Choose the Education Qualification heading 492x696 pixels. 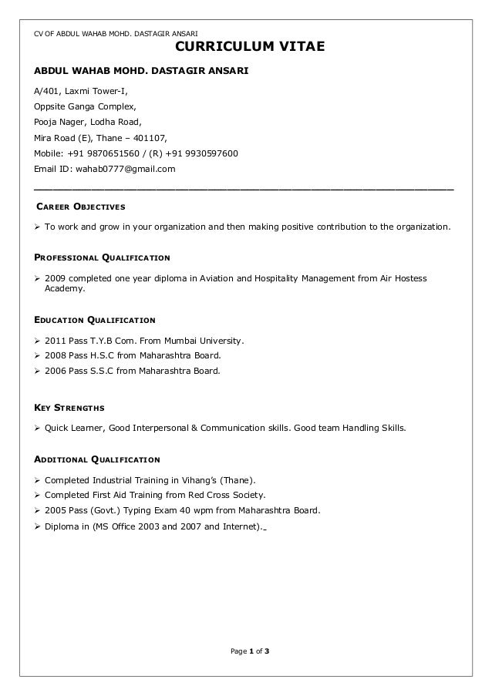coord(93,319)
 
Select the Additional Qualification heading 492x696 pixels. coord(96,460)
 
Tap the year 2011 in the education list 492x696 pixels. coord(56,340)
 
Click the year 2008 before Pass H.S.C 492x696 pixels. coord(56,355)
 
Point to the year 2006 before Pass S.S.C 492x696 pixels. coord(56,371)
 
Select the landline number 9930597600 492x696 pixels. coord(210,153)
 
